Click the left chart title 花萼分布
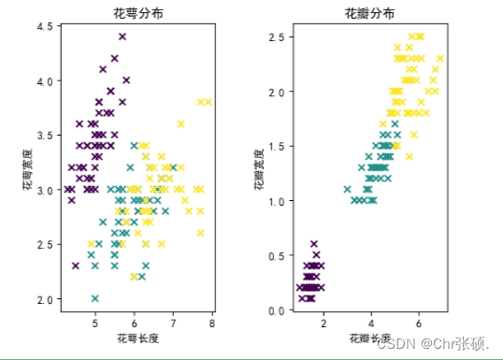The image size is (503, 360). (137, 13)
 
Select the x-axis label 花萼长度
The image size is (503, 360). (137, 336)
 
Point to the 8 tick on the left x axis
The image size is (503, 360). (212, 323)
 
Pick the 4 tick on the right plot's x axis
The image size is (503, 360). (371, 323)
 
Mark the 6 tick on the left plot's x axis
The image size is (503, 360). (134, 323)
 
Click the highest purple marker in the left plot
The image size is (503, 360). (122, 36)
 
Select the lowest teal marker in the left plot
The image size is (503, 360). (94, 298)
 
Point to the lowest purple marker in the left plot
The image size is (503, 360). (76, 266)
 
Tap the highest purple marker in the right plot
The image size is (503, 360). (314, 244)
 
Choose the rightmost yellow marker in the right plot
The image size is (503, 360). (440, 59)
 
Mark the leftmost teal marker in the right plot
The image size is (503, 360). (347, 189)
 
